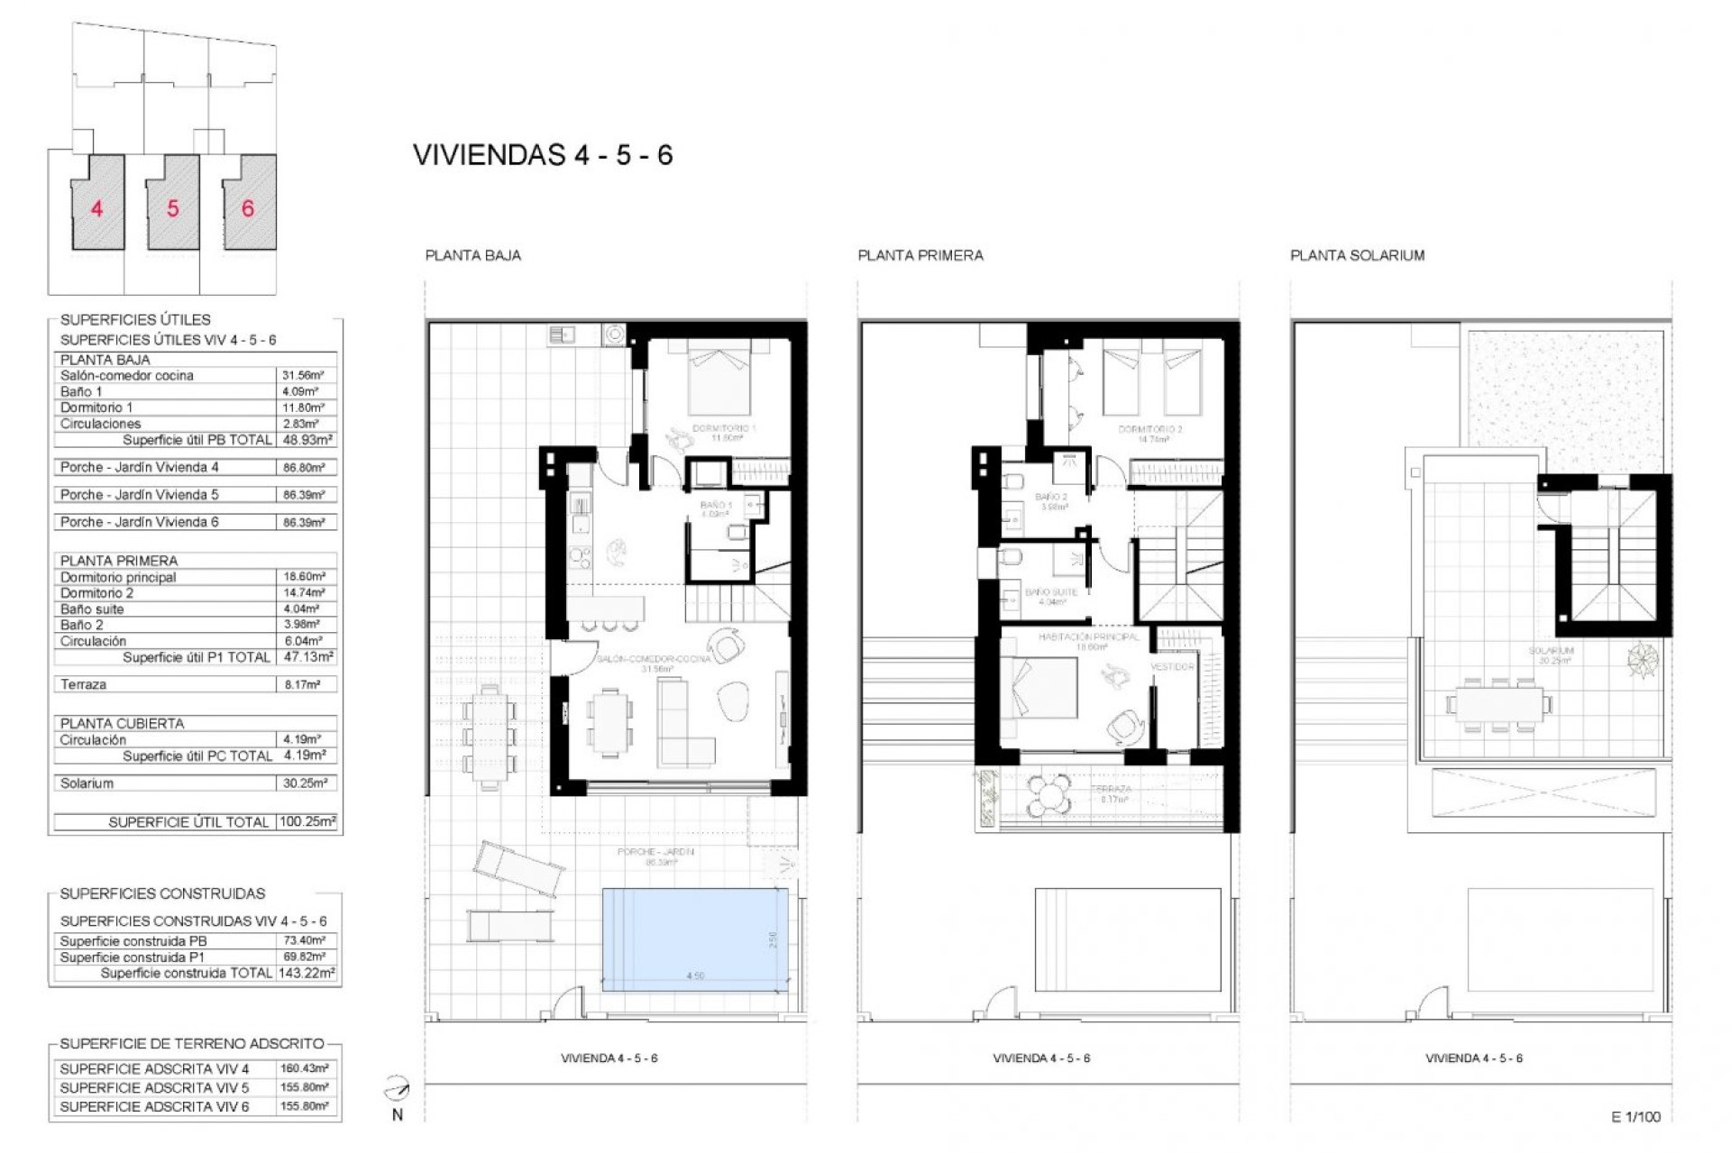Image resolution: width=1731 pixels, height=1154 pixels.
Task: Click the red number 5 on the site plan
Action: (172, 208)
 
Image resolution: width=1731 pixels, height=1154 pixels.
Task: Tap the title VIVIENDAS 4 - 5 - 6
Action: (543, 155)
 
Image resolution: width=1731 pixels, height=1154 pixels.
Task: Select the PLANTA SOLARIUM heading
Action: (1357, 255)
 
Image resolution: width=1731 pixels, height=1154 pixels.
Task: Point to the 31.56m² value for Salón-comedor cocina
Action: (304, 375)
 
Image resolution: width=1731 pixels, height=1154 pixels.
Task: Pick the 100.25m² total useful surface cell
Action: (307, 821)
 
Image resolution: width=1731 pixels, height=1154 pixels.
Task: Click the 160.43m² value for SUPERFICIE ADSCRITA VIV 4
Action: (304, 1068)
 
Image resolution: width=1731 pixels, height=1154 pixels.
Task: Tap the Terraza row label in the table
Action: (83, 684)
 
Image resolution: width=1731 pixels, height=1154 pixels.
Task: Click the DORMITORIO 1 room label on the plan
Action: (724, 428)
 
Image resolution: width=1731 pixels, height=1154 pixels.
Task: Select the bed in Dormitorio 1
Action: (719, 380)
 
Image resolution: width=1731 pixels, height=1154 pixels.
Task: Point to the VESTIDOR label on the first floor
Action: (1172, 666)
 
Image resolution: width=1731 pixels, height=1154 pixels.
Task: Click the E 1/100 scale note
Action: (1635, 1116)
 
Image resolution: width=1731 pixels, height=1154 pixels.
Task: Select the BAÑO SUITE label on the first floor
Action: (1051, 592)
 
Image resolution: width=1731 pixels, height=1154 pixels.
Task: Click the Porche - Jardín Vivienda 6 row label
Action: (139, 521)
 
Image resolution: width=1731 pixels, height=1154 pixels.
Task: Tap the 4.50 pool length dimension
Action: (694, 976)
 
